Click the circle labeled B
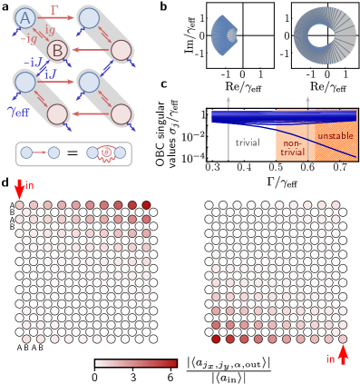[57, 49]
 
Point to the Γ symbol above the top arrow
[55, 9]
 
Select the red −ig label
[29, 39]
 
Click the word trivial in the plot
[248, 143]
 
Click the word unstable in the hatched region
[336, 135]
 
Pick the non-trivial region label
[293, 148]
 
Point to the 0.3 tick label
[212, 167]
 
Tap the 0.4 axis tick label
[244, 167]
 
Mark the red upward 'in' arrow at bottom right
[343, 355]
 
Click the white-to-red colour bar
[136, 362]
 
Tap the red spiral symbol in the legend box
[105, 153]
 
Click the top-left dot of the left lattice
[20, 206]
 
